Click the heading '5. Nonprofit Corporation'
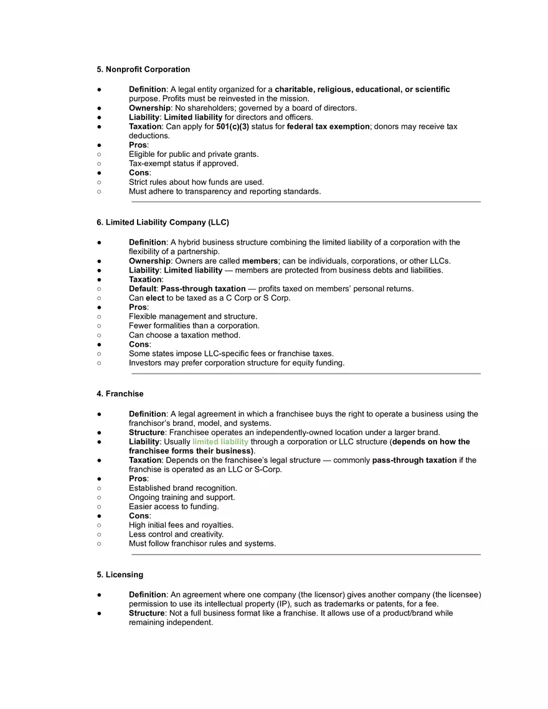point(143,69)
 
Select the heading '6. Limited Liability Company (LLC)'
point(163,222)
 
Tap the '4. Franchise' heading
point(120,394)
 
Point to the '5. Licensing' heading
point(120,575)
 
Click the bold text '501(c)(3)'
point(232,126)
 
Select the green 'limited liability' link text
point(220,442)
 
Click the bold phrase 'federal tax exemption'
point(328,126)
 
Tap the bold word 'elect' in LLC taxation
point(155,298)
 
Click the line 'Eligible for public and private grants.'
point(194,154)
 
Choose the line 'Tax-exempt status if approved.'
point(184,164)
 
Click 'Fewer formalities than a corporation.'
point(194,326)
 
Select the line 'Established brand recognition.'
point(183,488)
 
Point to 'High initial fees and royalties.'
point(181,525)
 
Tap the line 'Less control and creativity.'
point(176,534)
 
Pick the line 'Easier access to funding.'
point(174,506)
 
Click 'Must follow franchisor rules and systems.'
point(202,543)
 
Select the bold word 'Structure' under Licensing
point(147,613)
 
